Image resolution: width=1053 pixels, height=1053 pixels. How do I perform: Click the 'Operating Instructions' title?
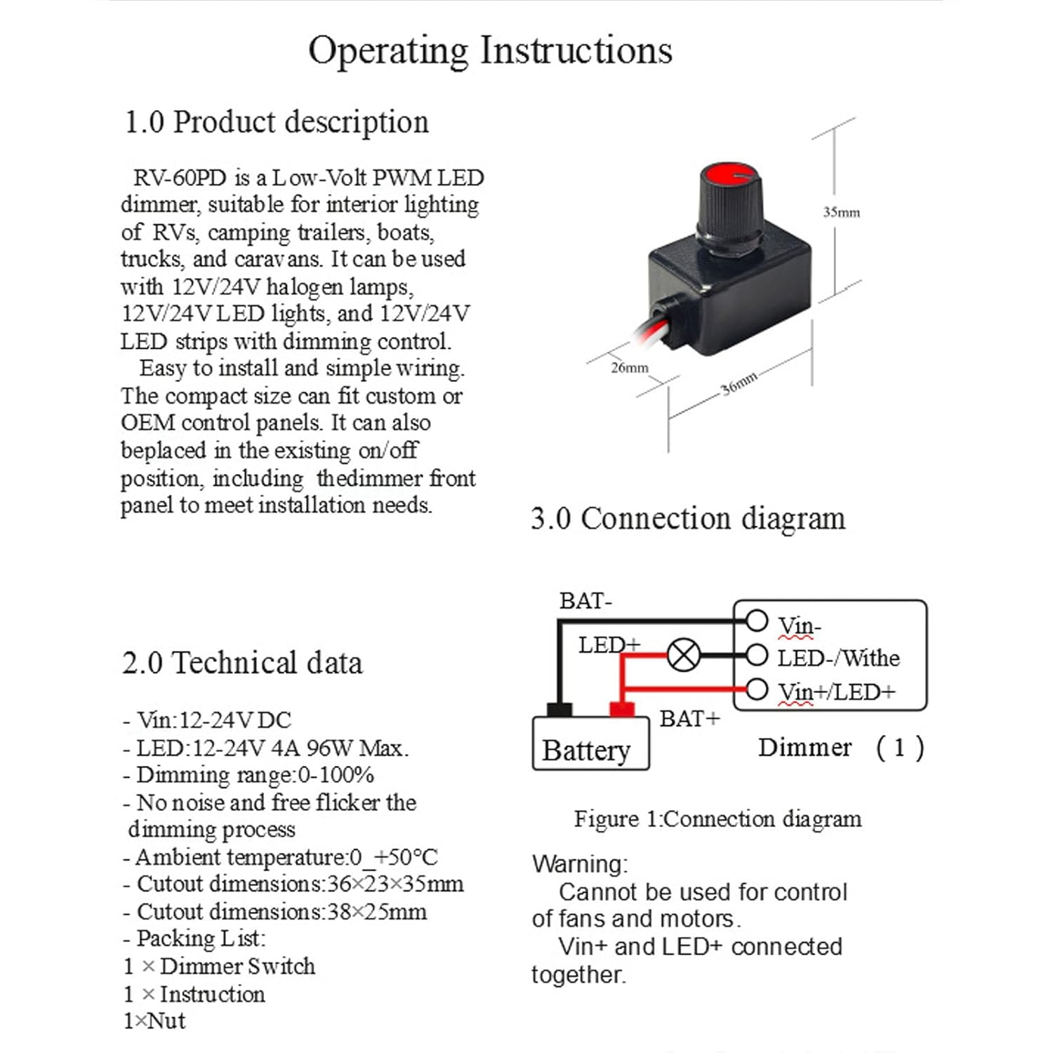[490, 51]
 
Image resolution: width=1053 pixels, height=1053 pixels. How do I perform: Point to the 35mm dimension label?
[841, 212]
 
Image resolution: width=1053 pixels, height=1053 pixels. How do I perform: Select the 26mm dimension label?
[629, 368]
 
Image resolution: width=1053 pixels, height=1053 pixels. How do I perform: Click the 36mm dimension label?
[739, 383]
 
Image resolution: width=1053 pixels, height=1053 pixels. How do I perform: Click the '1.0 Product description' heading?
[276, 122]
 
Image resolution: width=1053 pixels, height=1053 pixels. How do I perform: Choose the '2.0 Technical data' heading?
[242, 663]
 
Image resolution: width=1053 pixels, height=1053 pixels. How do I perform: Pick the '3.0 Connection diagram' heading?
[688, 519]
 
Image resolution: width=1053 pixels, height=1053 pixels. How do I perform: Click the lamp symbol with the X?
[682, 656]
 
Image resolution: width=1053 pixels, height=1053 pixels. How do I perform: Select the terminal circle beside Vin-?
[756, 621]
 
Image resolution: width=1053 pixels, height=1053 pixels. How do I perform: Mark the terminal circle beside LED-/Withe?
[756, 656]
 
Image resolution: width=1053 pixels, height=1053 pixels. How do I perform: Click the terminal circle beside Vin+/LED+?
[756, 689]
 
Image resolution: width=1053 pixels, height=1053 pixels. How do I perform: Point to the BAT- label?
[585, 602]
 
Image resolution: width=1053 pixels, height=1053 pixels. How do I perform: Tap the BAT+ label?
[689, 719]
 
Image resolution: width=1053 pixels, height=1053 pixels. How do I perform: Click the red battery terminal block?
[621, 710]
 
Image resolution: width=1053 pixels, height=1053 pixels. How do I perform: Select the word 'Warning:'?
[580, 864]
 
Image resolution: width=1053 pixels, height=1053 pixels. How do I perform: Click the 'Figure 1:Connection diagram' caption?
[717, 819]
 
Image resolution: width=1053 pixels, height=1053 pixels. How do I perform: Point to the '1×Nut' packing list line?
[154, 1021]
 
